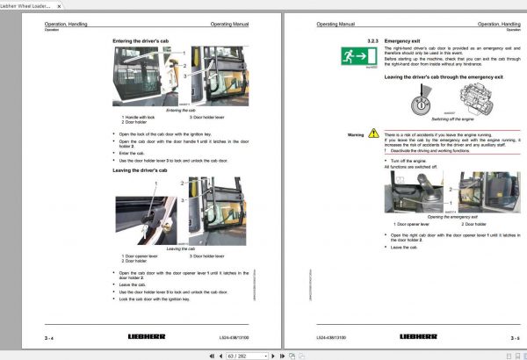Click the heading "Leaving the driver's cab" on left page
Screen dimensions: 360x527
(141, 170)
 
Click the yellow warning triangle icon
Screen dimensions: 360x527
(373, 134)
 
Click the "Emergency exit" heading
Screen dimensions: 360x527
(405, 41)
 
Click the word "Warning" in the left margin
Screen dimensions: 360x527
(355, 135)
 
